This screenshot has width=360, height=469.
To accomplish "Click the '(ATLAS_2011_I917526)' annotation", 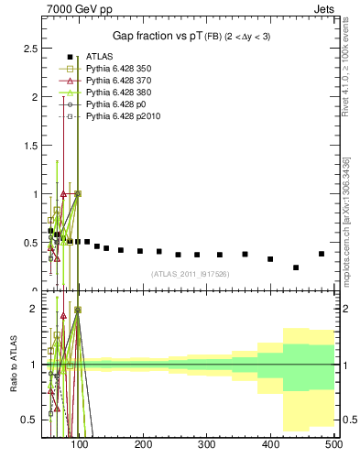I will coord(189,273).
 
